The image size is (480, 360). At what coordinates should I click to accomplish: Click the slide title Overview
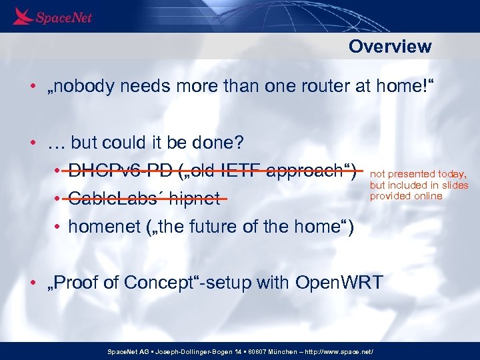coord(390,46)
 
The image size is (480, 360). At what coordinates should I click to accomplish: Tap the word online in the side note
coord(427,196)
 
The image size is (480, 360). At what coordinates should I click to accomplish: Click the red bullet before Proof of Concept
coord(32,283)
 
